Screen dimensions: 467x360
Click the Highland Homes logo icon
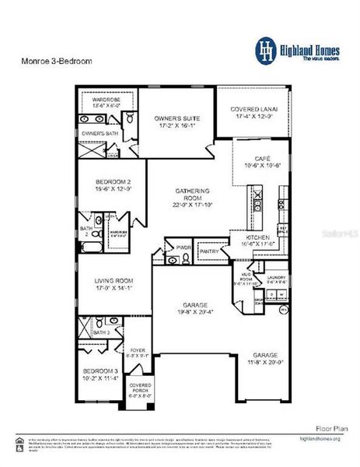point(267,49)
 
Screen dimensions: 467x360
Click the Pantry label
point(209,252)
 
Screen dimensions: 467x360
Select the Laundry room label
point(278,278)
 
